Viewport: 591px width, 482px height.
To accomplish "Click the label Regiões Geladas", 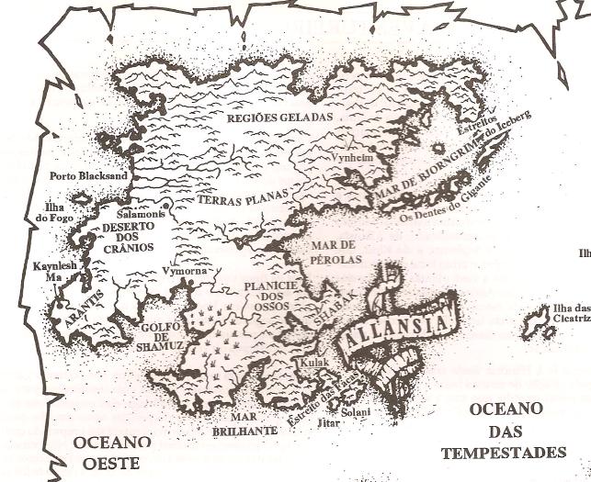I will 266,118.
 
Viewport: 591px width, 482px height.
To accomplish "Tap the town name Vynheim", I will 353,155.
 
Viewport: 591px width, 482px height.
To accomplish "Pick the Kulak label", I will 313,364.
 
